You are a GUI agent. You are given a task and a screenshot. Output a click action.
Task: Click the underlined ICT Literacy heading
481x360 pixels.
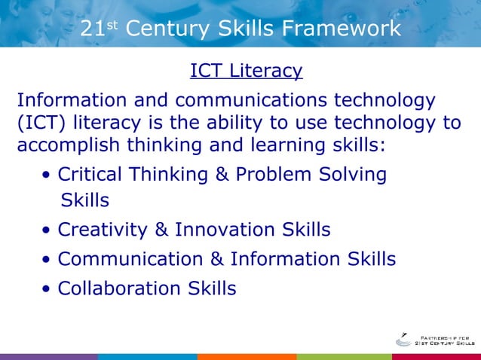[246, 71]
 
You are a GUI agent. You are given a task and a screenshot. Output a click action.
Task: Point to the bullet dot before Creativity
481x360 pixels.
[48, 230]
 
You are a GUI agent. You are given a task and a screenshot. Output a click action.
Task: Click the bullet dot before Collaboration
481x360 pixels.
[48, 290]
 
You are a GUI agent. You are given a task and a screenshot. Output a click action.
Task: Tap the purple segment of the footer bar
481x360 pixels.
[49, 356]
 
